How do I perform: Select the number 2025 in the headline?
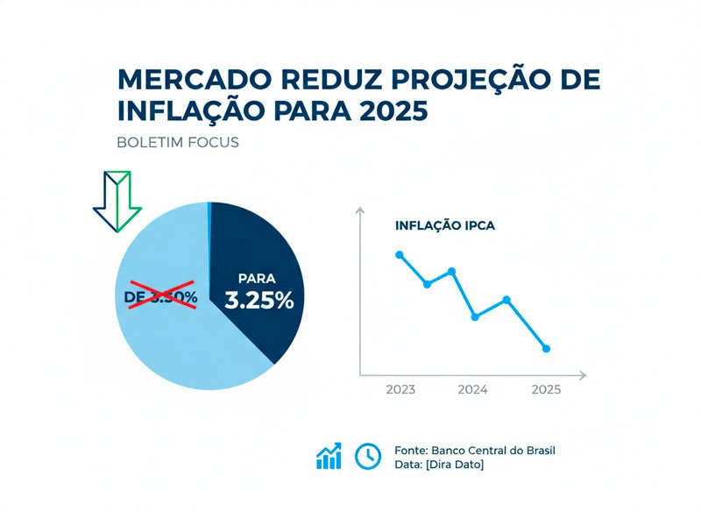coord(392,112)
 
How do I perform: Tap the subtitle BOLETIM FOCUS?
coord(177,142)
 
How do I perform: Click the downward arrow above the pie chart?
coord(117,200)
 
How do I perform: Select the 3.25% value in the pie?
coord(258,300)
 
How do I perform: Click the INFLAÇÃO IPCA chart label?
coord(445,225)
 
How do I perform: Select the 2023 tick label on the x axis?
coord(400,389)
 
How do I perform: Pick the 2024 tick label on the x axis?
coord(473,389)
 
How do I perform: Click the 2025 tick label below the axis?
coord(547,389)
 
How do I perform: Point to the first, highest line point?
coord(400,254)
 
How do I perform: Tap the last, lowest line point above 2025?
coord(547,349)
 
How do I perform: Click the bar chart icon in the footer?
coord(329,456)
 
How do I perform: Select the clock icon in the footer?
coord(367,456)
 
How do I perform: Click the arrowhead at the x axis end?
coord(582,374)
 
